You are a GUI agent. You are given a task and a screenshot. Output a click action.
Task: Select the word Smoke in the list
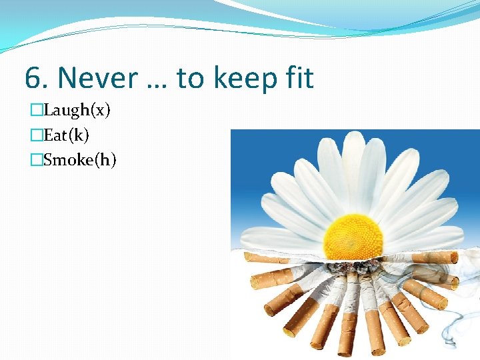click(70, 161)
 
